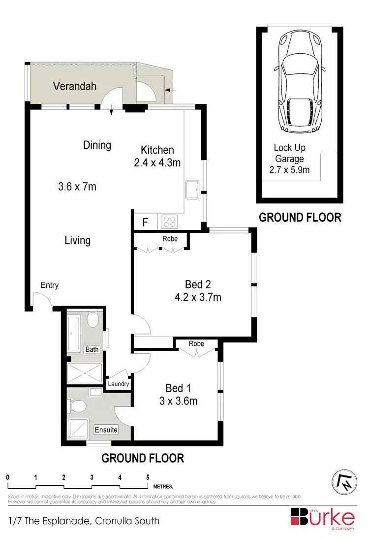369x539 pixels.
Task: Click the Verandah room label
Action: click(74, 86)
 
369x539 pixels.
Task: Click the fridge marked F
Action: click(145, 222)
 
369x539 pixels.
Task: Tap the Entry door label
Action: click(49, 285)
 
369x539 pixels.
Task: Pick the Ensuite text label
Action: click(106, 430)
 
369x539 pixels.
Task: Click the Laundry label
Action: click(119, 384)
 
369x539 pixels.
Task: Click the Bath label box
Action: click(92, 349)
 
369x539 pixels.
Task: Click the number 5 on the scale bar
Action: click(148, 477)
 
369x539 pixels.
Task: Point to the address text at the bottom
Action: click(84, 521)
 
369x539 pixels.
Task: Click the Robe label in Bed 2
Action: click(170, 239)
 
